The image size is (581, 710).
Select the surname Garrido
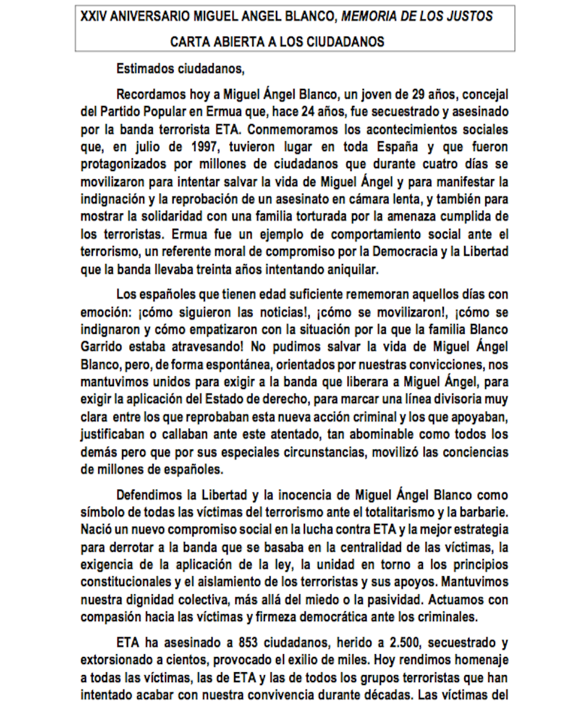(x=101, y=347)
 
